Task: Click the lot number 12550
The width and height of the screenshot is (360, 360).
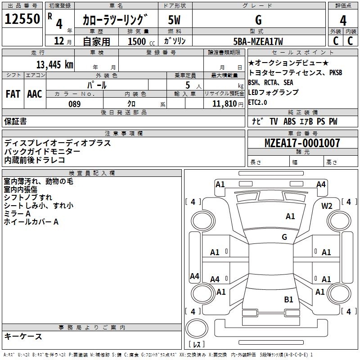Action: point(22,19)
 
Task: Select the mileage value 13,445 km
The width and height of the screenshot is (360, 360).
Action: point(54,64)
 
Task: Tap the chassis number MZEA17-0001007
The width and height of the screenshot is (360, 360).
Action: point(302,143)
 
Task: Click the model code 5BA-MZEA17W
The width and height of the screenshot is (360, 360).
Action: point(258,41)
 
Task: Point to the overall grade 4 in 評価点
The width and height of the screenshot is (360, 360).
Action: point(343,21)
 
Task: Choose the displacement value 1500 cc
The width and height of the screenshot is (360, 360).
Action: point(141,41)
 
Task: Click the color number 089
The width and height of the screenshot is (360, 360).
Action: point(75,104)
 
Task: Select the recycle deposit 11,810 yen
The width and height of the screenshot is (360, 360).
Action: point(228,104)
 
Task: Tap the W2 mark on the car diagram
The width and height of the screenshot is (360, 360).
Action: point(327,206)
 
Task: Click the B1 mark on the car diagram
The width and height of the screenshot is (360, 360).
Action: point(288,300)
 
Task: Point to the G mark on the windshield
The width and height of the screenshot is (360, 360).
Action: point(284,237)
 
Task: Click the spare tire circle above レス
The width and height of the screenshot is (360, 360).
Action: point(197,328)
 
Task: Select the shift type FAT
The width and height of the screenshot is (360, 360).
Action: point(13,94)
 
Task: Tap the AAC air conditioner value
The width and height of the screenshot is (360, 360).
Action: point(35,94)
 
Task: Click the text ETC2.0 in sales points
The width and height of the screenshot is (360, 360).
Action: point(257,103)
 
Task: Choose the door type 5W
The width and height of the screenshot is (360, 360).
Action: point(174,20)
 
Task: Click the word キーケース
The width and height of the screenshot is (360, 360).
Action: point(23,337)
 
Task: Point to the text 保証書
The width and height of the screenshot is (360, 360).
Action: point(15,121)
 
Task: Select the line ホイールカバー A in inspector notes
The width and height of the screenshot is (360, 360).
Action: point(31,222)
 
